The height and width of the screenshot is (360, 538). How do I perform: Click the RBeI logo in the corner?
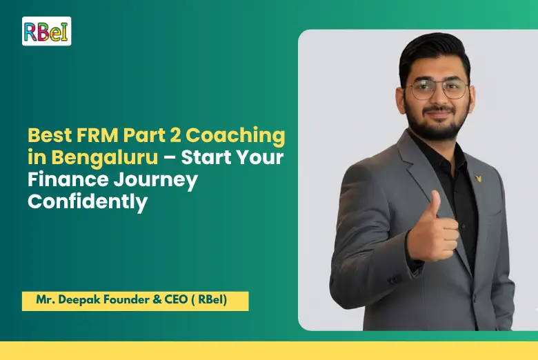point(46,31)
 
